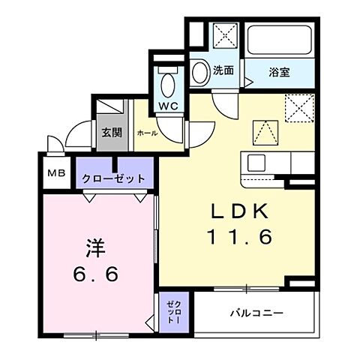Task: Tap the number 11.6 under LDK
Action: (238, 238)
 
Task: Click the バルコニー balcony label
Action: (256, 313)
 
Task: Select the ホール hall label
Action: (145, 133)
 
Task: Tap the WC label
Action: (167, 106)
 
